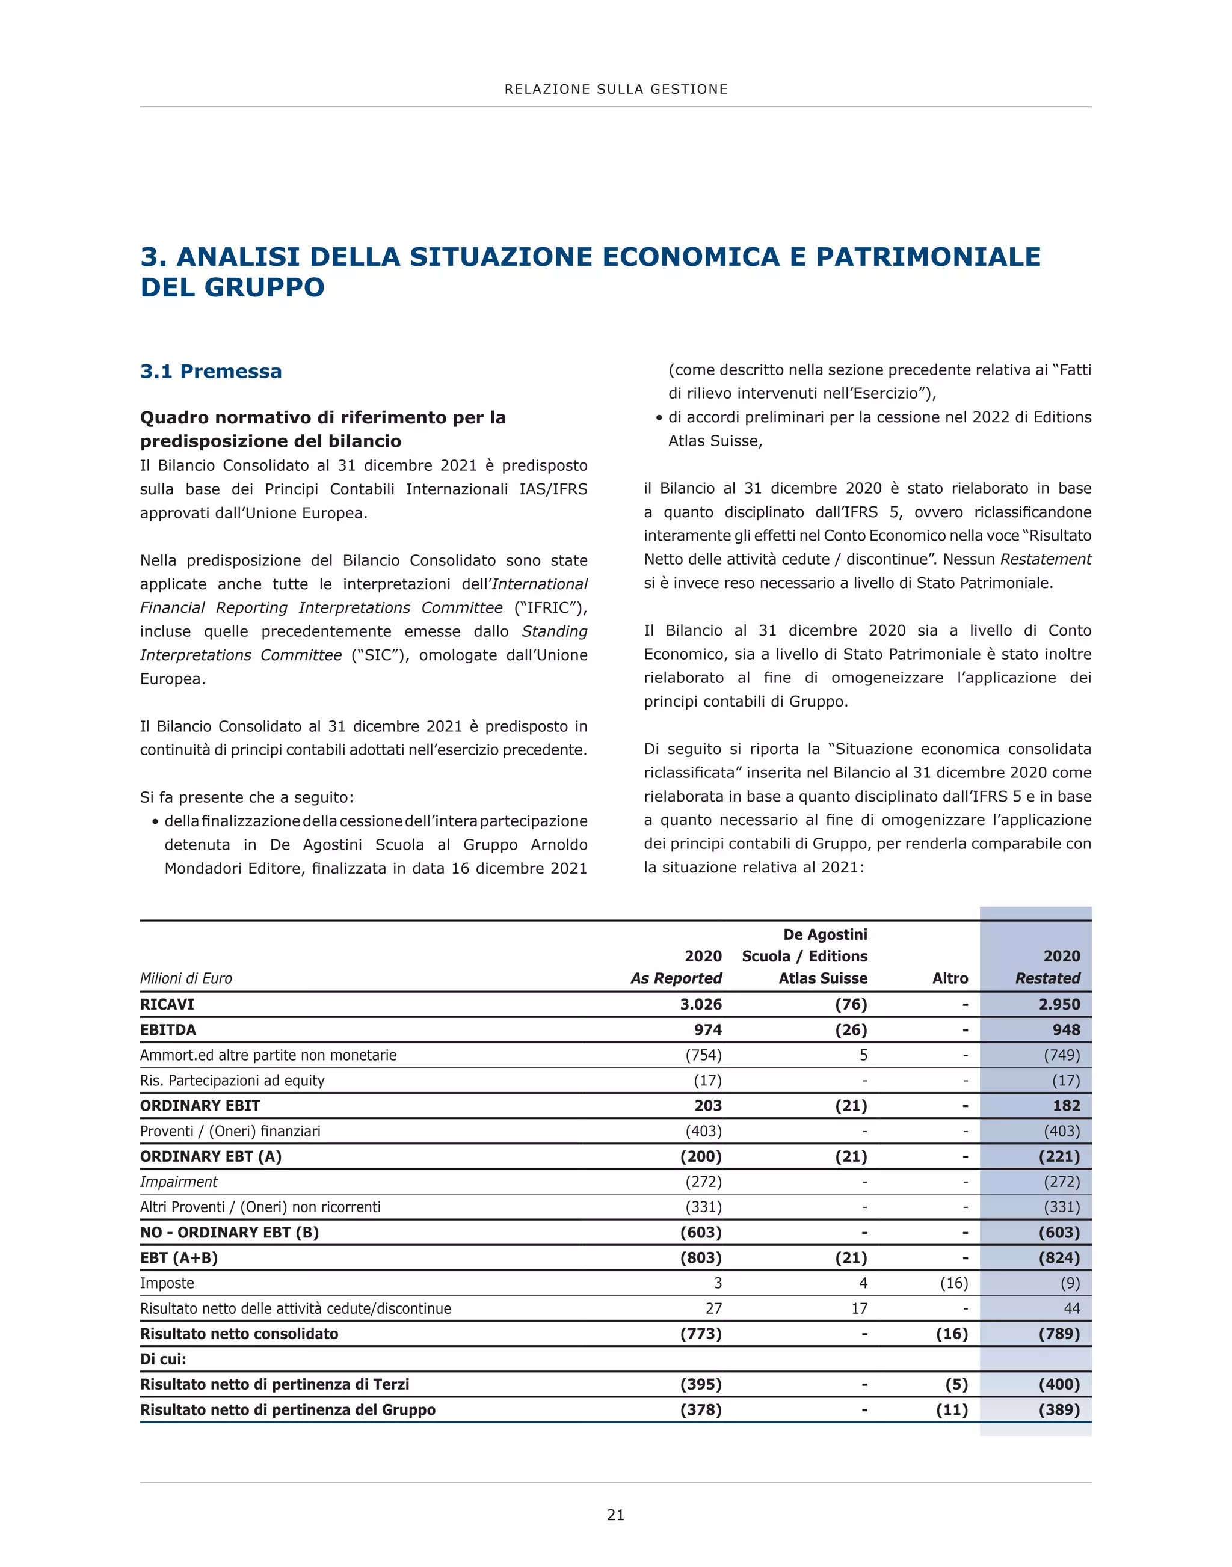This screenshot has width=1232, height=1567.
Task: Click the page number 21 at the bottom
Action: tap(615, 1514)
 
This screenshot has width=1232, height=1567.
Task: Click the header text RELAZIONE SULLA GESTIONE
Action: tap(616, 90)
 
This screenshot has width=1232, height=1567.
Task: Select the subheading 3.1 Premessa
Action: tap(211, 372)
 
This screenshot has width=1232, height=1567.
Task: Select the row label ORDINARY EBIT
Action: tap(200, 1105)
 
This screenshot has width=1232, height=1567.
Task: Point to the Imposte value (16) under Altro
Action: tap(953, 1283)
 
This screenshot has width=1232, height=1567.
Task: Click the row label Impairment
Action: tap(179, 1181)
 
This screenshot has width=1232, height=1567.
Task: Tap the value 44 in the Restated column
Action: tap(1071, 1308)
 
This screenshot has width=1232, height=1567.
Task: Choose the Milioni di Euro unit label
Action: tap(186, 978)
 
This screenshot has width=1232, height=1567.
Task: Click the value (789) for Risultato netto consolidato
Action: tap(1059, 1333)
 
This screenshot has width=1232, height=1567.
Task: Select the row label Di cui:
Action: tap(163, 1358)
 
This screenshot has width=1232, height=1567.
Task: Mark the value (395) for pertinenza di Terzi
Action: tap(700, 1384)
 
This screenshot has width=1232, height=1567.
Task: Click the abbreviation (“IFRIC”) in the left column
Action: tap(550, 607)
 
